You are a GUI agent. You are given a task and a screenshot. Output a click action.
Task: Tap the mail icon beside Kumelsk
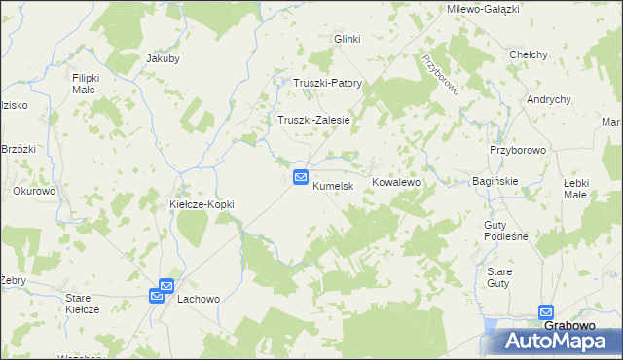tap(302, 178)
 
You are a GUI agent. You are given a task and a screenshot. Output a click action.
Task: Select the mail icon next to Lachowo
tap(161, 291)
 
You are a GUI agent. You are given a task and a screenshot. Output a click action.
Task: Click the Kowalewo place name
tap(395, 183)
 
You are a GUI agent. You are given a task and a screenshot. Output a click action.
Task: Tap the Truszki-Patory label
tap(328, 83)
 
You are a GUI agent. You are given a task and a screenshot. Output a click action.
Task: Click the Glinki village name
tap(348, 39)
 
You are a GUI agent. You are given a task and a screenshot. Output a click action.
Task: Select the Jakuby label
tap(163, 58)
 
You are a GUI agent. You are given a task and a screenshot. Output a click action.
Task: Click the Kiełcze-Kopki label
tap(203, 204)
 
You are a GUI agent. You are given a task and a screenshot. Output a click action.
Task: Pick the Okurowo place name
tap(34, 192)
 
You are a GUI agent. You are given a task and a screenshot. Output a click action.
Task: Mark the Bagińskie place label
tap(494, 182)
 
